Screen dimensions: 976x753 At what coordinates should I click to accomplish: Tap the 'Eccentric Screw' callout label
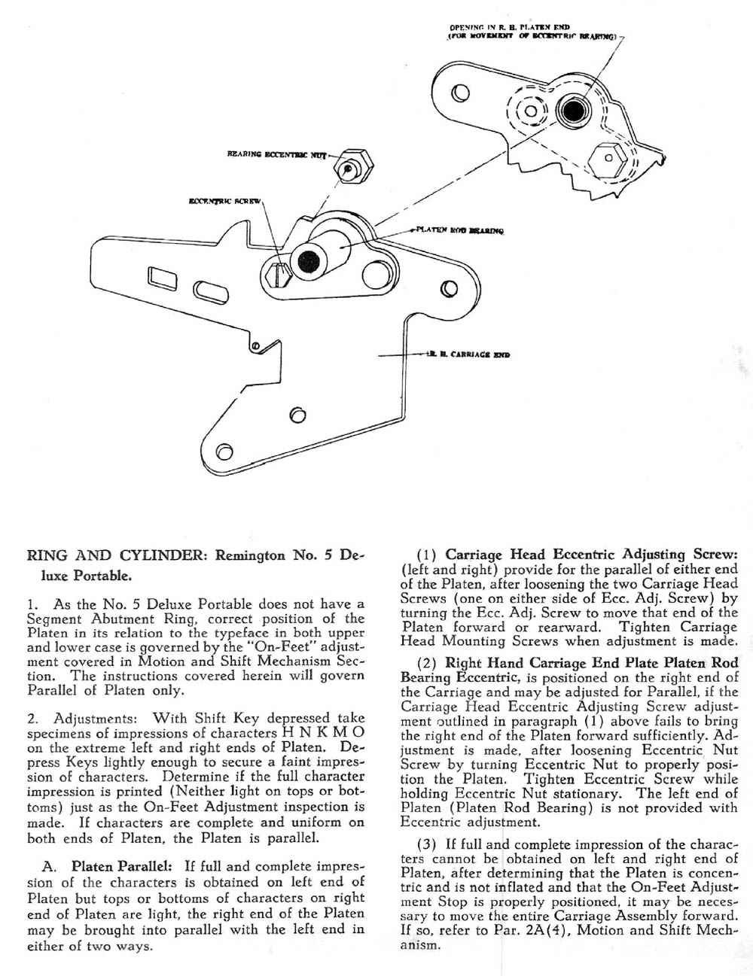pyautogui.click(x=224, y=201)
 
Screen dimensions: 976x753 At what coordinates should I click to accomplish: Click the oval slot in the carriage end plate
pyautogui.click(x=207, y=290)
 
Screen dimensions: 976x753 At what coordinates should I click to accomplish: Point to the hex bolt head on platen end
pyautogui.click(x=607, y=159)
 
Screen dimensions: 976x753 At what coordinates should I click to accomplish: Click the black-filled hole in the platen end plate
pyautogui.click(x=573, y=111)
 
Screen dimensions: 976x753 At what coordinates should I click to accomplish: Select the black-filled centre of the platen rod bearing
pyautogui.click(x=305, y=261)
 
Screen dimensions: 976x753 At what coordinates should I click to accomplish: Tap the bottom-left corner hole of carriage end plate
pyautogui.click(x=223, y=452)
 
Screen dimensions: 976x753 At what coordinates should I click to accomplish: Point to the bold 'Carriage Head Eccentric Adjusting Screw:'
pyautogui.click(x=590, y=555)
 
